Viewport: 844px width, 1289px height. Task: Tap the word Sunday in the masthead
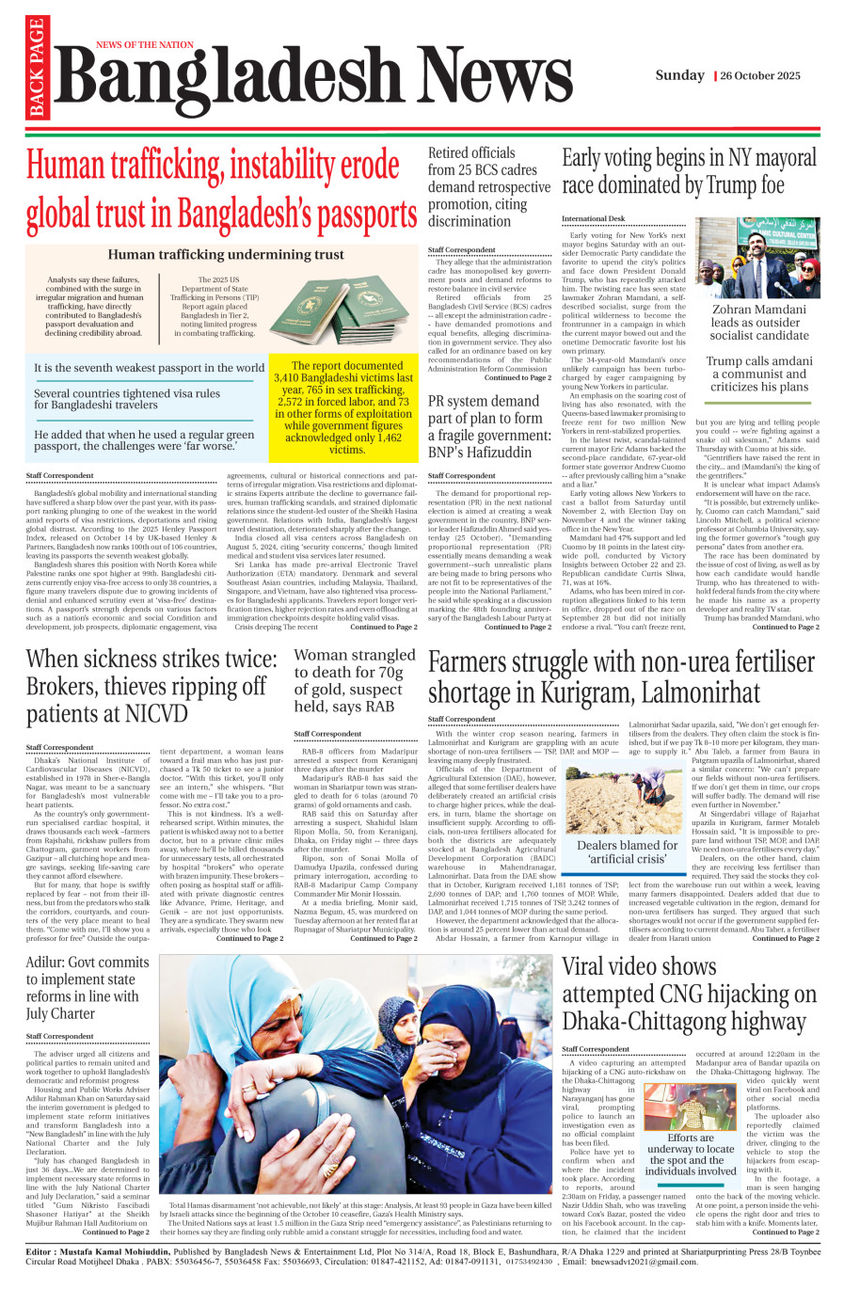[679, 75]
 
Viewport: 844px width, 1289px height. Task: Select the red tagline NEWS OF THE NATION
[145, 44]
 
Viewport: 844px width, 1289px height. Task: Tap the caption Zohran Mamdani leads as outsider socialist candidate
[758, 322]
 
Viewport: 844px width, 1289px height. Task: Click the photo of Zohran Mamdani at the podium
[758, 257]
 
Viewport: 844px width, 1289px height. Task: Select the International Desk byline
[593, 218]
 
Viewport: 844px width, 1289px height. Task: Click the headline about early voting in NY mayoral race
[689, 171]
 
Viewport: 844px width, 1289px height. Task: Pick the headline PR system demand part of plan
[486, 426]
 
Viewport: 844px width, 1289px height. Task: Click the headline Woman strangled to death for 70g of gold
[354, 680]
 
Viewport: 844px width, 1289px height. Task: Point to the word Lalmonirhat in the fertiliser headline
[701, 692]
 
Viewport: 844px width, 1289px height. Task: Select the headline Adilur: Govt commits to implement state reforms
[88, 987]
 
